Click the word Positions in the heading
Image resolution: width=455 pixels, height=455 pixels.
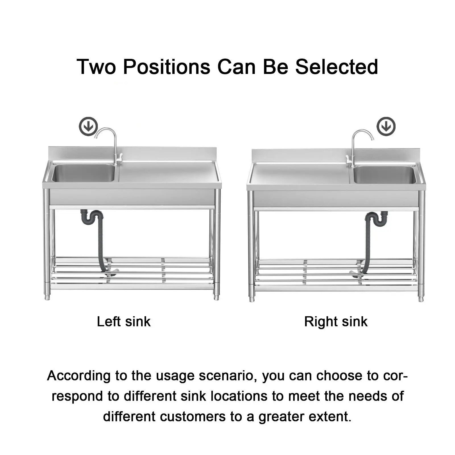pyautogui.click(x=167, y=67)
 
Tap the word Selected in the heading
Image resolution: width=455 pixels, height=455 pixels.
pyautogui.click(x=337, y=67)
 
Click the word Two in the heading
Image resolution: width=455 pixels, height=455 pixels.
pyautogui.click(x=96, y=67)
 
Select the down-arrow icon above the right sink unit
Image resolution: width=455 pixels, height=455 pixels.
pyautogui.click(x=386, y=126)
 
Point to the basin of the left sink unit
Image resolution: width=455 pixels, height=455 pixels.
pyautogui.click(x=83, y=173)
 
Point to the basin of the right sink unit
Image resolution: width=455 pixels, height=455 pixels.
pyautogui.click(x=384, y=174)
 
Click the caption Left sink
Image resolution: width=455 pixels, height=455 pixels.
pyautogui.click(x=124, y=322)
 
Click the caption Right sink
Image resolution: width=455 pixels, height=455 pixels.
pyautogui.click(x=336, y=322)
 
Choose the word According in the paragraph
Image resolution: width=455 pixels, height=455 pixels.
pyautogui.click(x=79, y=376)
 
